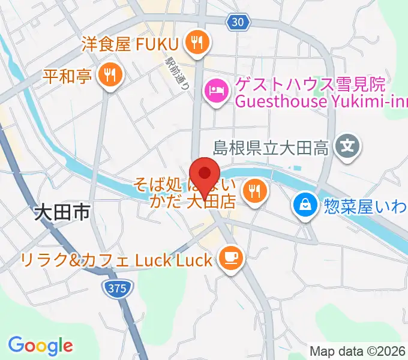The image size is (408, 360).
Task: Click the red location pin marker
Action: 205,175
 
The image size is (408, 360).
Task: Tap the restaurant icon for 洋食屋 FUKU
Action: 196,42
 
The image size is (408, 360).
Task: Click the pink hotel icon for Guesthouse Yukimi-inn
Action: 216,91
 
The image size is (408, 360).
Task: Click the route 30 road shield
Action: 238,22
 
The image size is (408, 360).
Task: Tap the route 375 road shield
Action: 118,288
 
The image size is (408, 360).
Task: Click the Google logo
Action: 40,345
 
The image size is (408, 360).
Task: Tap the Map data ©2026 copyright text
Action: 358,351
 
